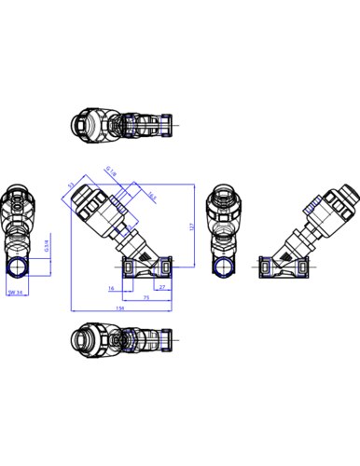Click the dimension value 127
click(x=191, y=226)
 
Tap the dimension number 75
click(x=147, y=297)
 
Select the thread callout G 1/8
click(x=109, y=171)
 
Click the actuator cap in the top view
click(x=85, y=124)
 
